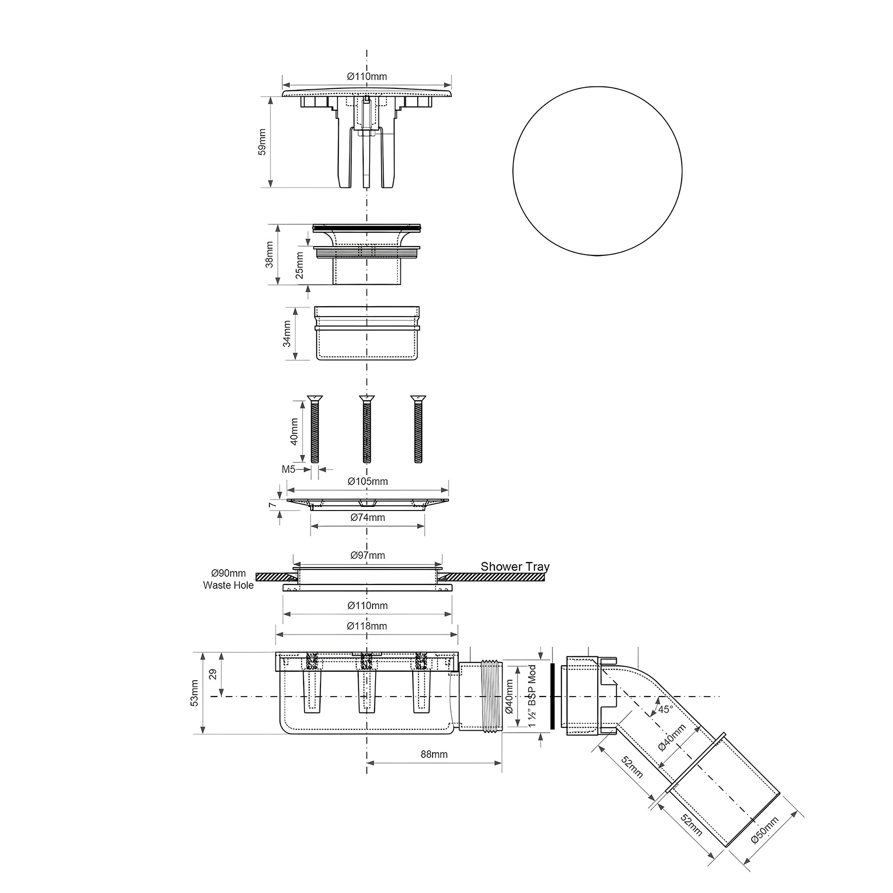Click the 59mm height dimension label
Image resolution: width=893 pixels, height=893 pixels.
pos(262,142)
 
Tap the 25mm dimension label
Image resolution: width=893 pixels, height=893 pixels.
pos(300,266)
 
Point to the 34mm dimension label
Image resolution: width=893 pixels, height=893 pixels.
pos(287,333)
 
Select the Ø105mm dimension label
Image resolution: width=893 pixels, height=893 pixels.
pos(368,481)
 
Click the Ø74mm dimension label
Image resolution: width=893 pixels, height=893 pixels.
pos(368,517)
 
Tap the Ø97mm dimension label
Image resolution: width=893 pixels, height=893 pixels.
pos(368,555)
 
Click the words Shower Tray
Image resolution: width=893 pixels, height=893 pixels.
pos(515,567)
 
